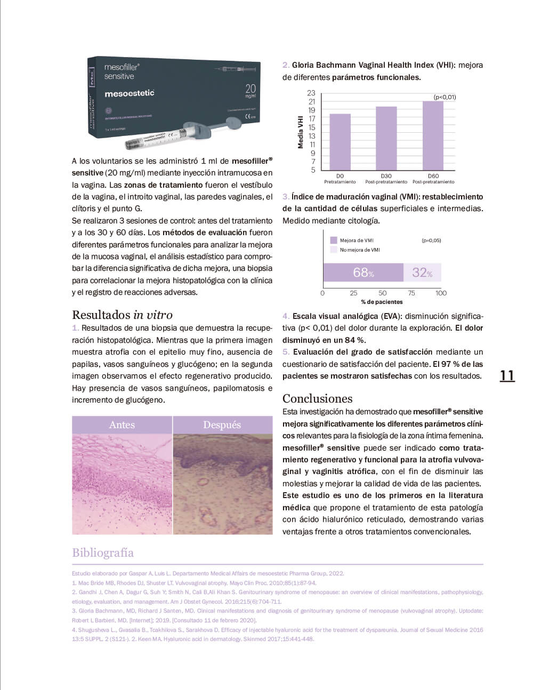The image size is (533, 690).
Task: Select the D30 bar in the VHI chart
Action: pyautogui.click(x=386, y=138)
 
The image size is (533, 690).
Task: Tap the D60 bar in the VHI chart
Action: pyautogui.click(x=433, y=135)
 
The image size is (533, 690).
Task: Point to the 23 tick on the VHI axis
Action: pyautogui.click(x=311, y=93)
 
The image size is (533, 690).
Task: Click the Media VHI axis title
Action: pyautogui.click(x=301, y=132)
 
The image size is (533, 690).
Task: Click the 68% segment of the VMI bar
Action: pyautogui.click(x=363, y=272)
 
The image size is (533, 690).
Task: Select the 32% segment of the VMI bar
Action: pyautogui.click(x=422, y=272)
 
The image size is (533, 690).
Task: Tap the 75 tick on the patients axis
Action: pyautogui.click(x=411, y=293)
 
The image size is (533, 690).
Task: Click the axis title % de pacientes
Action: pyautogui.click(x=382, y=302)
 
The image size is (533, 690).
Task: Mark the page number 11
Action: pyautogui.click(x=507, y=376)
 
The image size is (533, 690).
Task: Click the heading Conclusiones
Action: pyautogui.click(x=317, y=398)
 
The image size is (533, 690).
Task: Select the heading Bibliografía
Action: pyautogui.click(x=103, y=552)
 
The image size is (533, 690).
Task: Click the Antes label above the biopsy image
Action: pyautogui.click(x=122, y=425)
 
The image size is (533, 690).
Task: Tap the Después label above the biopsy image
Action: pyautogui.click(x=222, y=425)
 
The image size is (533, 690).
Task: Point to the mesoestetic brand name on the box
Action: pyautogui.click(x=130, y=93)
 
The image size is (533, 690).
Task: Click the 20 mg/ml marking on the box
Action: pyautogui.click(x=250, y=91)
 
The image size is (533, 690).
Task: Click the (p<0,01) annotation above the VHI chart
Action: pyautogui.click(x=445, y=97)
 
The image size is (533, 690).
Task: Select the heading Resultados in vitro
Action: pyautogui.click(x=122, y=315)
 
